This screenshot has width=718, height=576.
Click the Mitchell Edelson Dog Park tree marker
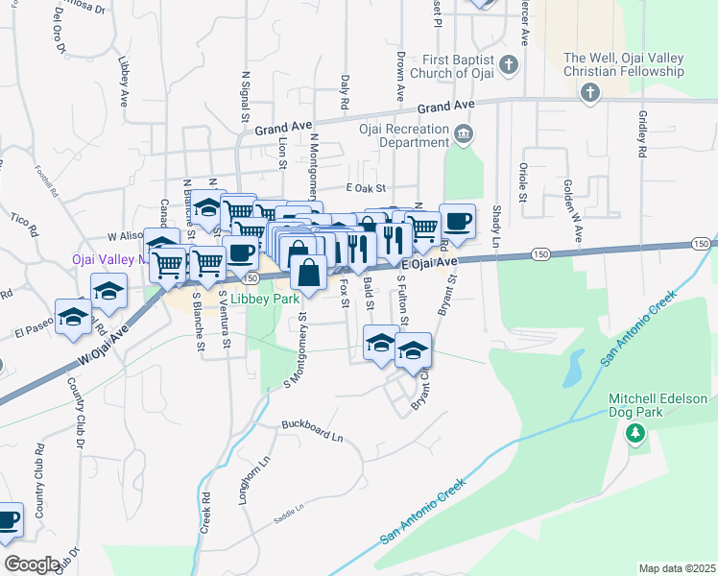pos(634,436)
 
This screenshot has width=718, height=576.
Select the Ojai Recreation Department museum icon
pos(465,132)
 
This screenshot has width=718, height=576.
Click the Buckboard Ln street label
pos(312,429)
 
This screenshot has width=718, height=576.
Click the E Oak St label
pos(365,189)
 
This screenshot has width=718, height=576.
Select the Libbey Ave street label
pos(124,80)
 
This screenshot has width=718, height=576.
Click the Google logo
pos(34,564)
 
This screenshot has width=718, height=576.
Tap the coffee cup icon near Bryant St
pos(458,221)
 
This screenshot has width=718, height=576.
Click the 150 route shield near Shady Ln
pos(541,252)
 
